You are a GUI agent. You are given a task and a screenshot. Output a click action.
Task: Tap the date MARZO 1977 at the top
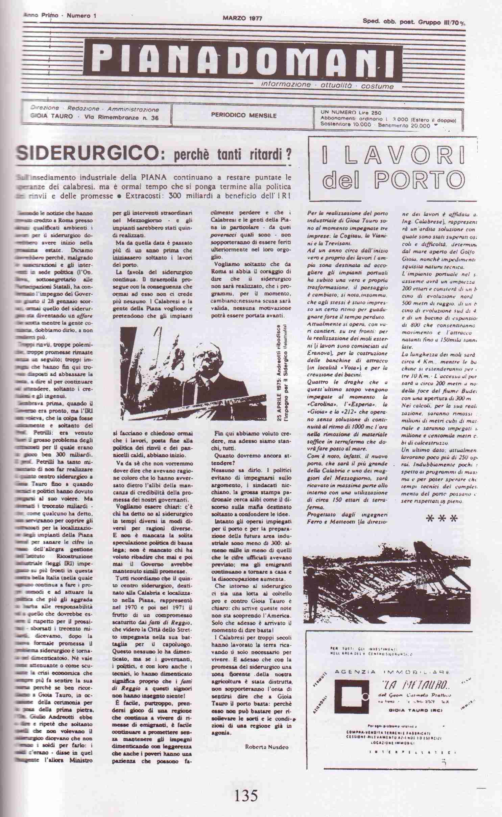coord(242,18)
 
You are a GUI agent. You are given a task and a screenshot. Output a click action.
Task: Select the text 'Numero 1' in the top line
coord(79,16)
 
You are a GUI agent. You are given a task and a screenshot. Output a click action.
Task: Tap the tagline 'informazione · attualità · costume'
coord(327,86)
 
